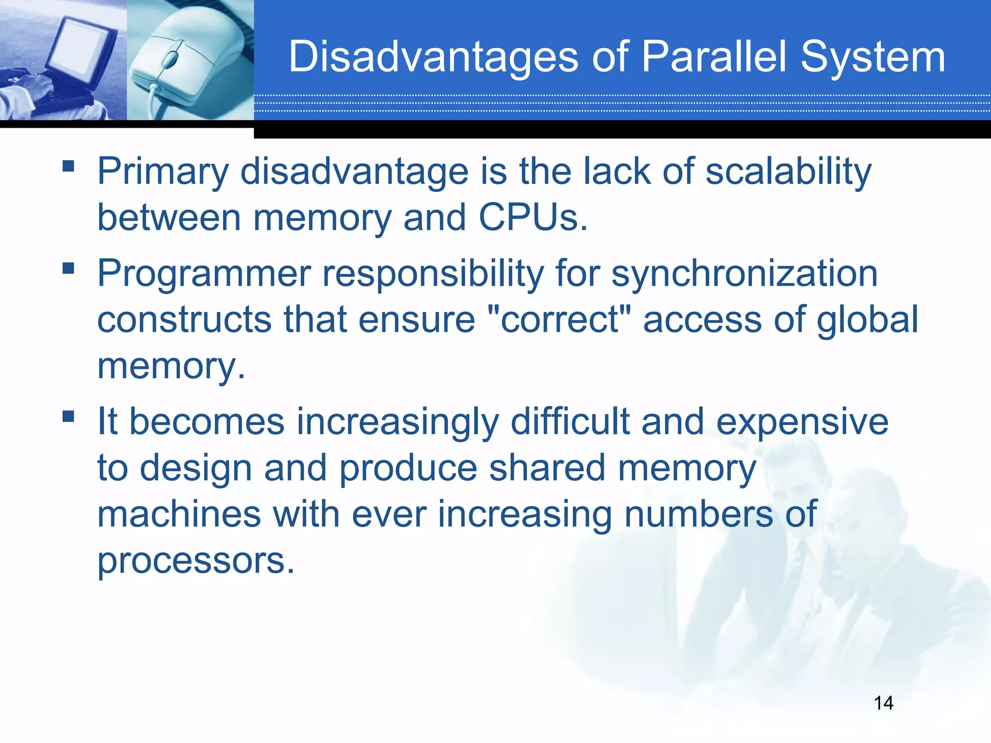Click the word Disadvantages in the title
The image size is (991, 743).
click(x=433, y=58)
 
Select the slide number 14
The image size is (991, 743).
click(x=884, y=703)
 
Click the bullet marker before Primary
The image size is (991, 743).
click(x=68, y=166)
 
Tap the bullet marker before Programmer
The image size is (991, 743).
click(x=68, y=268)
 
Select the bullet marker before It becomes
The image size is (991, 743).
click(x=68, y=416)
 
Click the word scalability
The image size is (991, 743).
click(x=788, y=172)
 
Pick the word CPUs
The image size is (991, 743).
click(x=532, y=218)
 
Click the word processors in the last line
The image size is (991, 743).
click(x=196, y=561)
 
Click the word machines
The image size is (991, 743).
click(x=179, y=515)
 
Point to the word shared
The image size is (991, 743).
click(x=547, y=468)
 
